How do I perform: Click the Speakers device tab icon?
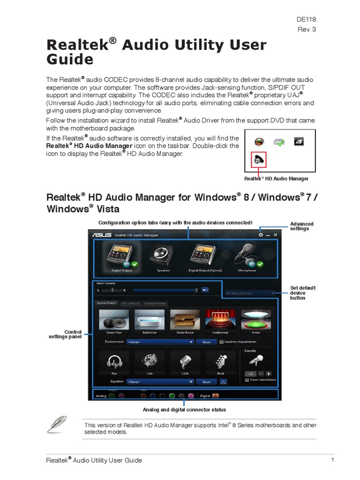pos(164,256)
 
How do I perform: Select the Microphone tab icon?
pos(247,256)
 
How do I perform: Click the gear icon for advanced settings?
pos(261,234)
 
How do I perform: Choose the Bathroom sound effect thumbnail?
pos(149,319)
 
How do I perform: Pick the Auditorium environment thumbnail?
pos(220,319)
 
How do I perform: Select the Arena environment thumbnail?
pos(256,319)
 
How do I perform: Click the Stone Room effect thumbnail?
pos(185,319)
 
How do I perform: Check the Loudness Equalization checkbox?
pos(221,342)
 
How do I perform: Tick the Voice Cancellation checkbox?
pos(247,380)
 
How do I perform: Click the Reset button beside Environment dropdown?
pos(206,342)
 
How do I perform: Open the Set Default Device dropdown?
pos(250,293)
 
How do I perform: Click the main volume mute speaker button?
pos(205,290)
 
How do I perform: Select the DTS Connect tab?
pos(130,303)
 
